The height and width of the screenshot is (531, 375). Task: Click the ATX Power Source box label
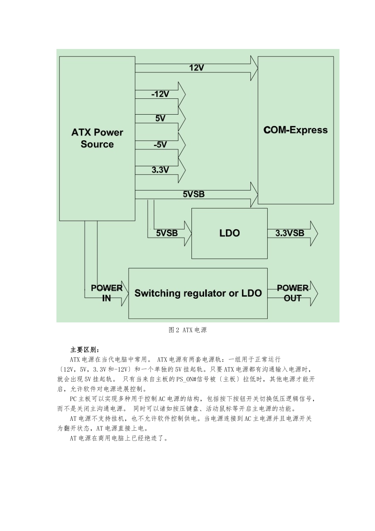coord(97,138)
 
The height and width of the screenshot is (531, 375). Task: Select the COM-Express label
coord(295,130)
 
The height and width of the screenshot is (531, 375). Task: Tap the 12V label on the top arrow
coord(196,68)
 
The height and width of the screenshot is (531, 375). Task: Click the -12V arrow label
coord(160,94)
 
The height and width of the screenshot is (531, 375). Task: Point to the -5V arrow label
coord(160,145)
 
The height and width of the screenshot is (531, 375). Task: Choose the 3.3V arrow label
coord(160,170)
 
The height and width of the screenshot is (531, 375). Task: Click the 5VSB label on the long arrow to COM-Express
coord(193,194)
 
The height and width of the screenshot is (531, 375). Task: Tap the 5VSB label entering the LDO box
coord(167,233)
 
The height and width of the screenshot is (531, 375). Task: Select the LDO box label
coord(229,233)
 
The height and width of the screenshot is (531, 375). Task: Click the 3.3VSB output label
coord(290,233)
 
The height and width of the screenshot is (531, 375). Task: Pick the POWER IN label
coord(107,293)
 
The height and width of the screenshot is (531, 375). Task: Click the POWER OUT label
coord(292,293)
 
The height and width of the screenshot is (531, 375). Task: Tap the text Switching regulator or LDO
coord(198,293)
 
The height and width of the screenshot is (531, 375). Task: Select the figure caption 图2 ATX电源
coord(187,330)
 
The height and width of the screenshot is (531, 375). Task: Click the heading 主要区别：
coord(85,350)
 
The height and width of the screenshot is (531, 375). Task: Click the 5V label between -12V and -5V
coord(160,119)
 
